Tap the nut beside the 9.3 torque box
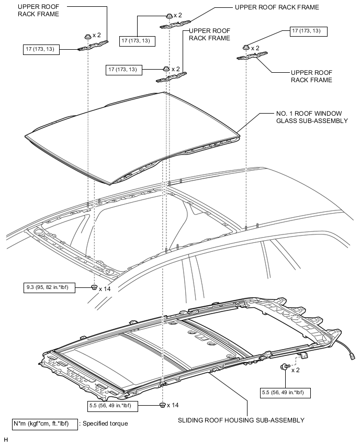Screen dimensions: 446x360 click(94, 287)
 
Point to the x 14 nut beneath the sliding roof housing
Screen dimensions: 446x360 click(162, 405)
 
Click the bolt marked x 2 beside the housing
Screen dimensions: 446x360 click(284, 366)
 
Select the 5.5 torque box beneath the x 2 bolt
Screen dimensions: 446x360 click(285, 392)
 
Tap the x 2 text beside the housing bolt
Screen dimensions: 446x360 click(295, 370)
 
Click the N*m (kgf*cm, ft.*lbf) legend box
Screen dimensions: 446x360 click(44, 423)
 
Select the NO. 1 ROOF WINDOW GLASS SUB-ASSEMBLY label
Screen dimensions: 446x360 click(312, 117)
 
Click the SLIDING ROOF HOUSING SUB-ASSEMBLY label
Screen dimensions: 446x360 click(241, 420)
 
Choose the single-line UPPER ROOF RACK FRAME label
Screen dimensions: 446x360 click(277, 8)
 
